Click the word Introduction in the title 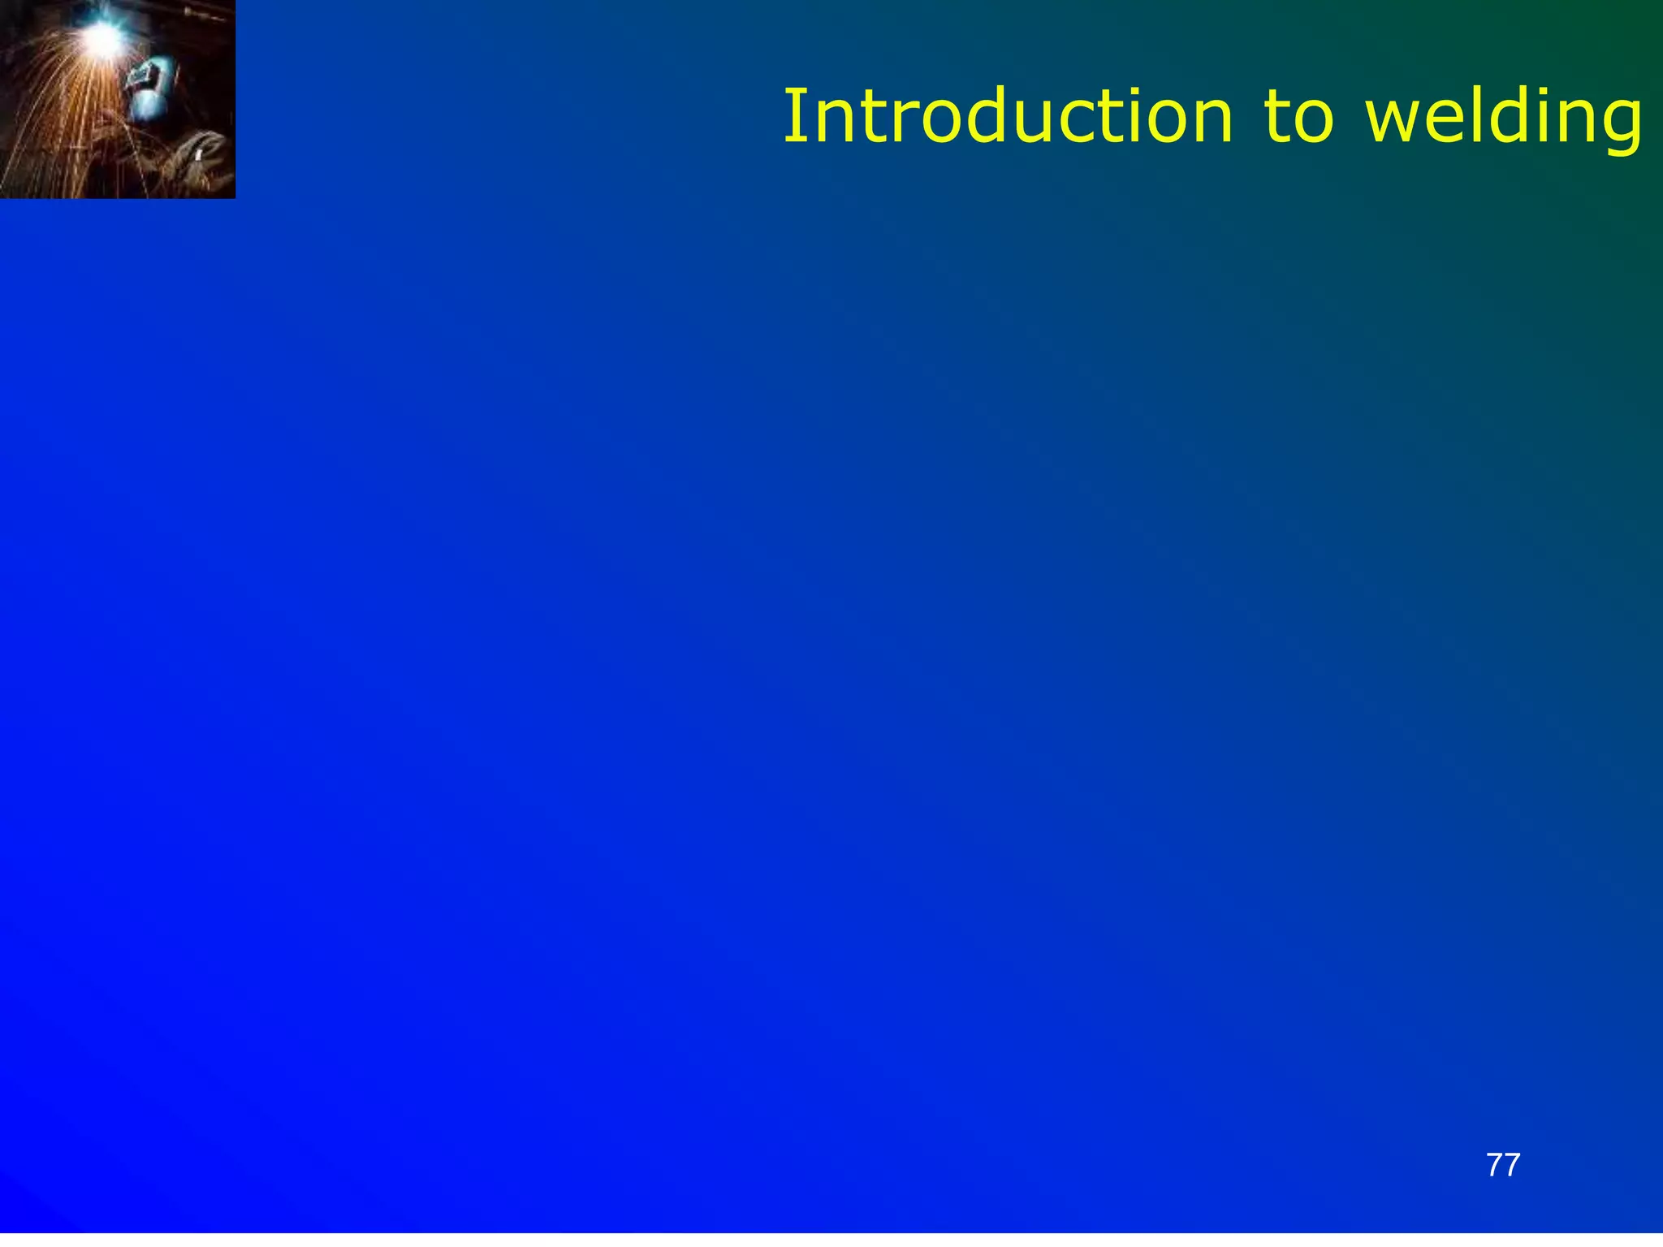pos(1007,118)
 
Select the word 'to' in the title pos(1298,118)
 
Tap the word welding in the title pos(1505,118)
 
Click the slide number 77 pos(1503,1165)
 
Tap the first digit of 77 pos(1494,1165)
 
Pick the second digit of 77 pos(1512,1165)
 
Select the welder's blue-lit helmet pos(149,91)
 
